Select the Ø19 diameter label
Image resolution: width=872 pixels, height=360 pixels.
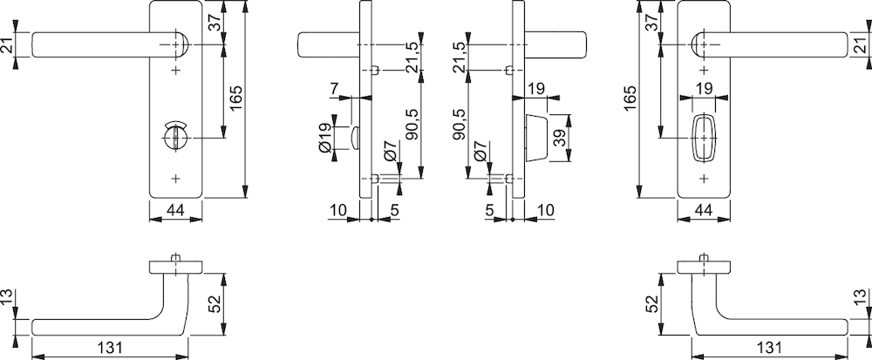325,138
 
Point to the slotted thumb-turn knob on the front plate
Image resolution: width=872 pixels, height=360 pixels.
176,136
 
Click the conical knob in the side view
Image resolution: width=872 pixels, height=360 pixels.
535,138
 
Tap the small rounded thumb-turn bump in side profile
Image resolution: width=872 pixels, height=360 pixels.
355,138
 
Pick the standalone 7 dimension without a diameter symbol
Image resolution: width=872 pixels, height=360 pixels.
334,88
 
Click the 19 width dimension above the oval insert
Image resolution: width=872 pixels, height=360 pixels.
704,88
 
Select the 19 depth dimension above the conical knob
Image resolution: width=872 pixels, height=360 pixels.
536,88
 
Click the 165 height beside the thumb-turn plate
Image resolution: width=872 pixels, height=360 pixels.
236,98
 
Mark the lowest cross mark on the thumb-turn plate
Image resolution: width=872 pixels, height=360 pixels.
176,179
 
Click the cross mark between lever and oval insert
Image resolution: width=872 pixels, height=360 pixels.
704,70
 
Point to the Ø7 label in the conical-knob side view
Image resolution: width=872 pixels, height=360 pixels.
480,151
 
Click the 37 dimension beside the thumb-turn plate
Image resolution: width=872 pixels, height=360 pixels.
215,22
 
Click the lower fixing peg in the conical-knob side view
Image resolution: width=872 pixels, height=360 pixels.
509,179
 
